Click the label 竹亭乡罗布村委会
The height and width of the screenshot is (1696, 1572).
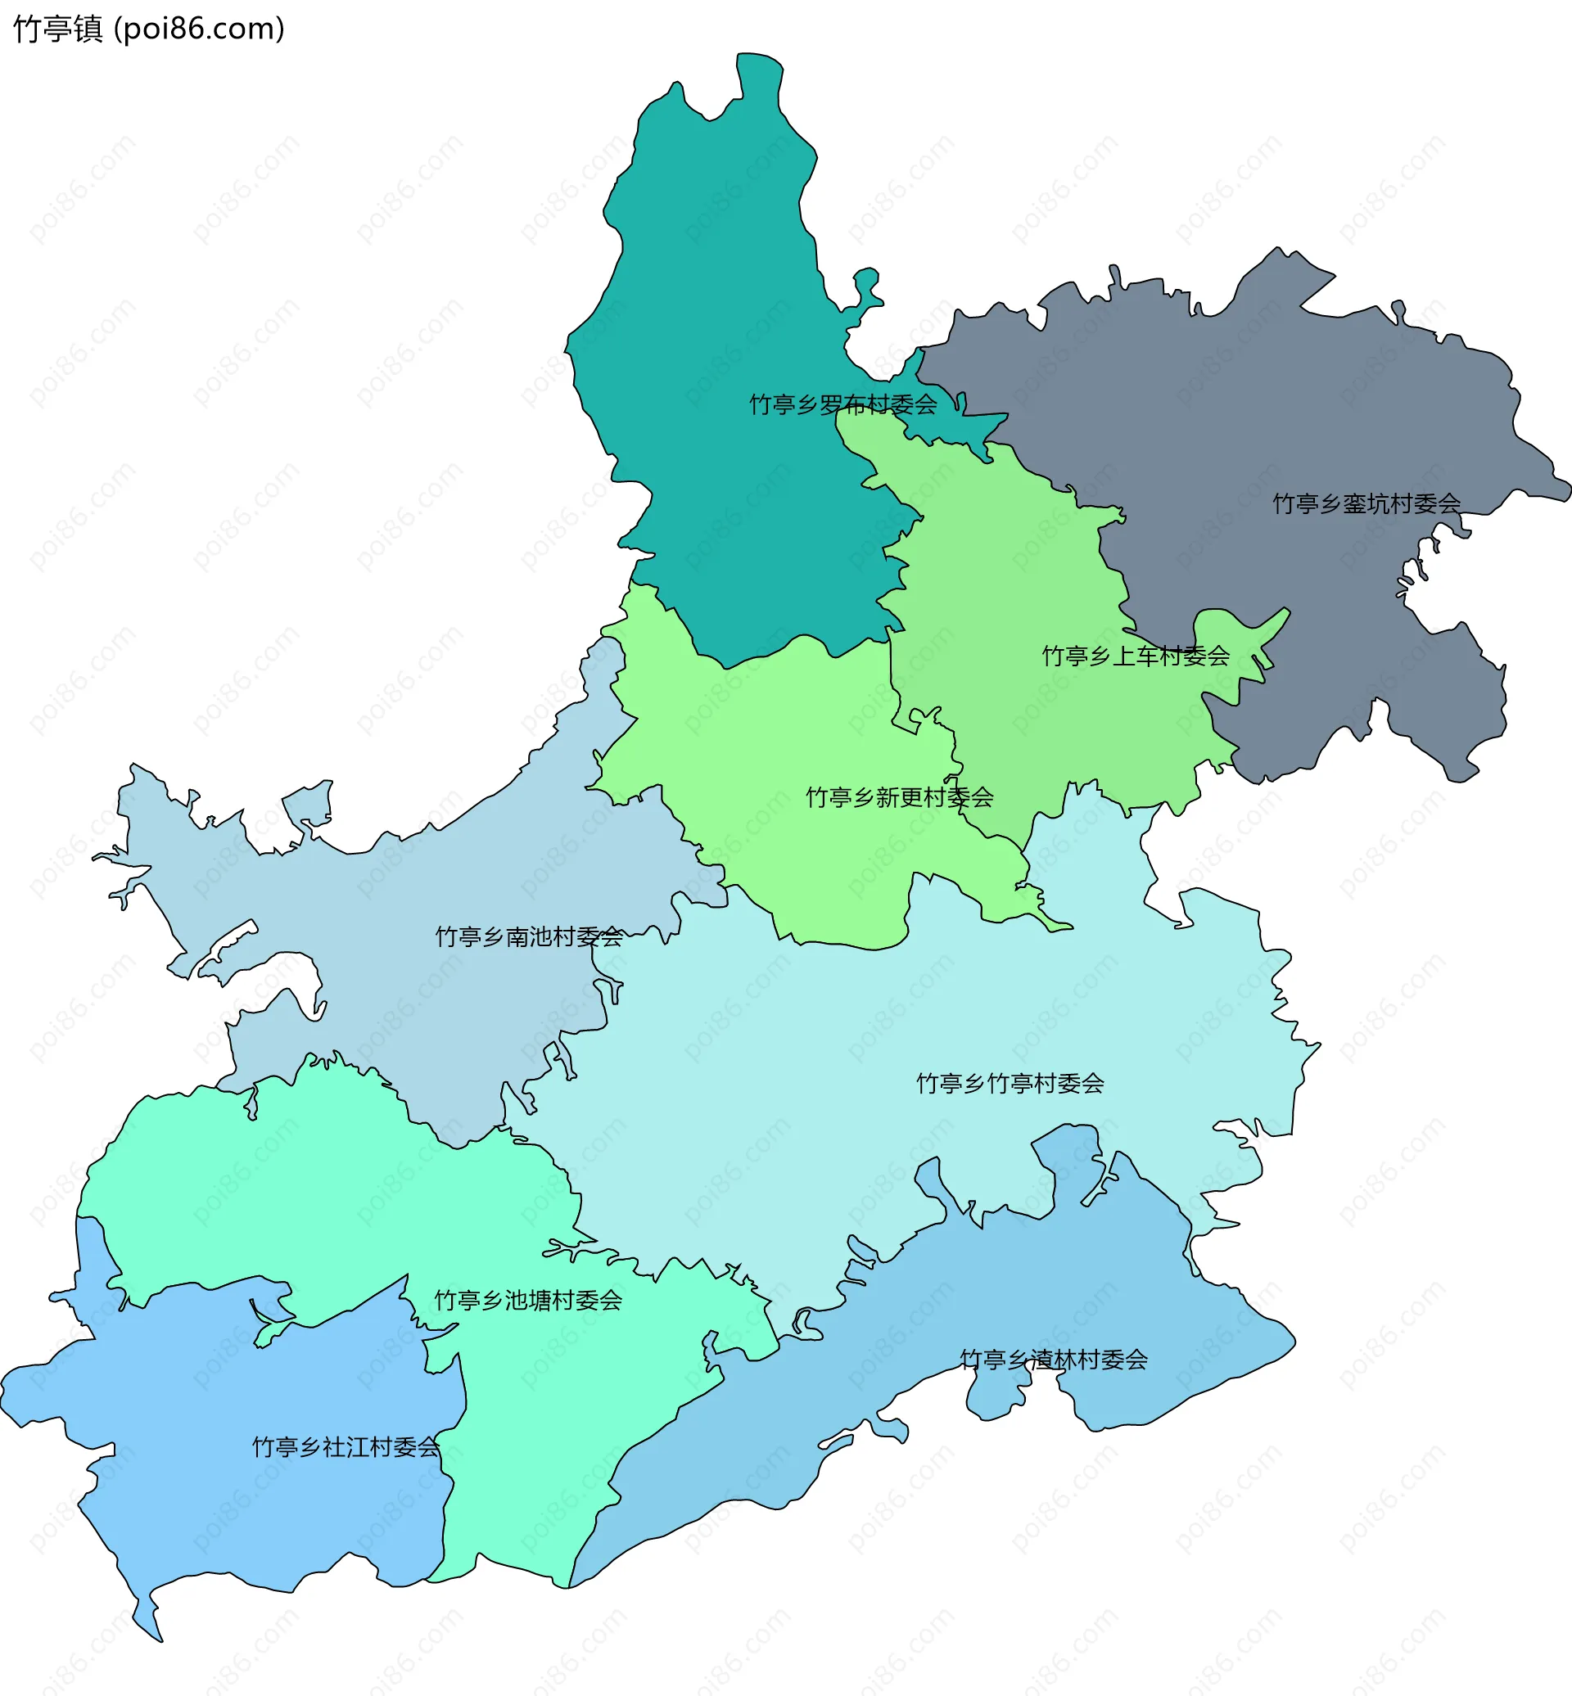[842, 405]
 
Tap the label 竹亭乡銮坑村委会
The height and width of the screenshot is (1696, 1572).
[1366, 503]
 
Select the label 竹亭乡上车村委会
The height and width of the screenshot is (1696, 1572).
[1136, 656]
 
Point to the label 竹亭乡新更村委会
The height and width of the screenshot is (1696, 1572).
[899, 797]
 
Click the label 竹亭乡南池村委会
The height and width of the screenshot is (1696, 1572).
[529, 936]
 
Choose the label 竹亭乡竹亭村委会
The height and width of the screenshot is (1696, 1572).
[1010, 1083]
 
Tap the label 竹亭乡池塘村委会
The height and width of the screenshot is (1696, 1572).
[528, 1300]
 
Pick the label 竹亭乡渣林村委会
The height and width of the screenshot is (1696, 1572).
[1053, 1360]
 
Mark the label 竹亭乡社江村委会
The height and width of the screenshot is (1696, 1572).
[346, 1447]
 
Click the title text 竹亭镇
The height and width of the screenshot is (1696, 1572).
[58, 29]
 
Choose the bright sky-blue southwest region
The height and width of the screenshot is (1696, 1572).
[255, 1514]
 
